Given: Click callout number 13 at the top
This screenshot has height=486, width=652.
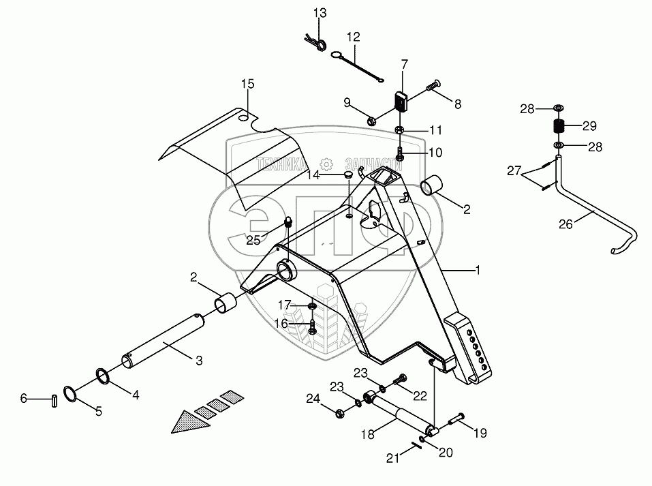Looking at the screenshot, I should (320, 13).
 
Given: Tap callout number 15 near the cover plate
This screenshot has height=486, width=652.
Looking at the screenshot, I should (247, 84).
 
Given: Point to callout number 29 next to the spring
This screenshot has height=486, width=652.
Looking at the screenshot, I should (589, 126).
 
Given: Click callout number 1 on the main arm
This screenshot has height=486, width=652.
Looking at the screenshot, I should (478, 271).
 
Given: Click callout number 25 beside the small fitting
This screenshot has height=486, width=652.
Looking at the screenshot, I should (253, 240).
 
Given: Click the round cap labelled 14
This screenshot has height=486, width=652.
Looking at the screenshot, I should (347, 175).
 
